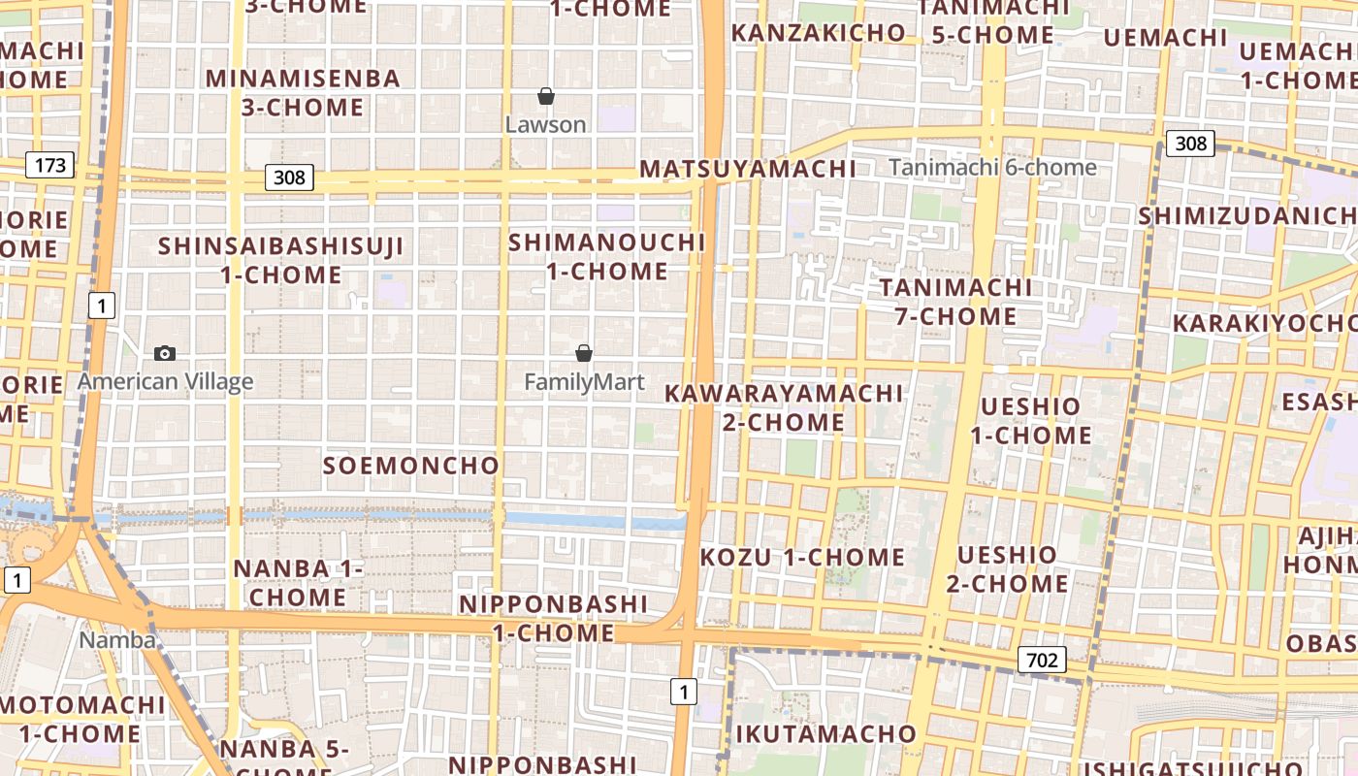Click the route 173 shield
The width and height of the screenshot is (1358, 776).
coord(50,165)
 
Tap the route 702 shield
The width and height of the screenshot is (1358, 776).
coord(1042,661)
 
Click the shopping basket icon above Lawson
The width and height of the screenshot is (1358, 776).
coord(546,96)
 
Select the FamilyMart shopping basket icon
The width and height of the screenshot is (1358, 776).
coord(584,353)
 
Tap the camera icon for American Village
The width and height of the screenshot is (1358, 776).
coord(165,353)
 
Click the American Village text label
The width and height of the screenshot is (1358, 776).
coord(165,381)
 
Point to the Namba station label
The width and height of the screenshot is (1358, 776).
coord(117,640)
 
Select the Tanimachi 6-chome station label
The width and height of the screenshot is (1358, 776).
coord(992,167)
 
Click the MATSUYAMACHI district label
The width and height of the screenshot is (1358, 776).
coord(748,169)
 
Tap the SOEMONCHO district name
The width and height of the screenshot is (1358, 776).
coord(410,466)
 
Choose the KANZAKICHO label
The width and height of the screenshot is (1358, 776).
coord(818,32)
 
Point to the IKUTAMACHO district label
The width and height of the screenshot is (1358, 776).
coord(825,733)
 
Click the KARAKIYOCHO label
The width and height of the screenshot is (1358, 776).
coord(1264,323)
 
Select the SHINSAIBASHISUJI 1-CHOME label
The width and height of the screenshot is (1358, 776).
coord(280,260)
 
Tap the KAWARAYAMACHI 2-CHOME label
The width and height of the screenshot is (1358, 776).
coord(784,407)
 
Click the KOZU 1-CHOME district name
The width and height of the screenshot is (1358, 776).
coord(802,558)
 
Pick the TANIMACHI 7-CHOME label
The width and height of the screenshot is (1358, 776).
coord(955,302)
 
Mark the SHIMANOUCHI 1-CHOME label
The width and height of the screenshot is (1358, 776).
coord(607,256)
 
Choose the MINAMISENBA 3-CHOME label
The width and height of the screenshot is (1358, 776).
coord(303,92)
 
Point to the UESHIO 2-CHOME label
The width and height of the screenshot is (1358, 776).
coord(1007,569)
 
